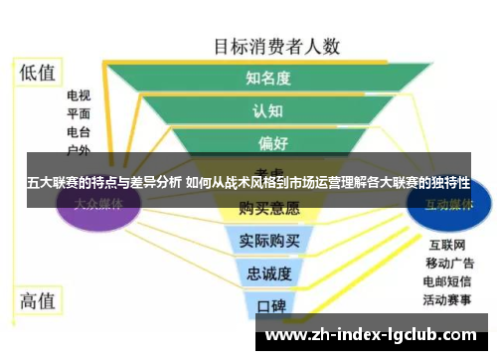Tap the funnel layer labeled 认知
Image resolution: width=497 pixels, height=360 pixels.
coord(268,109)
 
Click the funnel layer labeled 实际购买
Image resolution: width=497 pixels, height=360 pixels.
coord(268,242)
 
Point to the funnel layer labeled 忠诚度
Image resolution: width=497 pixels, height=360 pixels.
coord(269,272)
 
